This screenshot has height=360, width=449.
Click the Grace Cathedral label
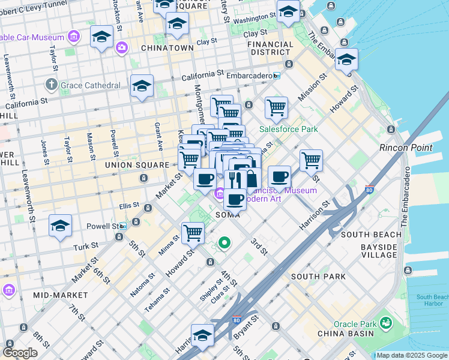[90, 85]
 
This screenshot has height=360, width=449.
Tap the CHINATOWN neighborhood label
[167, 47]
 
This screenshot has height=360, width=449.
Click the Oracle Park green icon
[385, 323]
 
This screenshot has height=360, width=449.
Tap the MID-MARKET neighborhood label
[61, 295]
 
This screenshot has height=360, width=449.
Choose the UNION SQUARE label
[137, 164]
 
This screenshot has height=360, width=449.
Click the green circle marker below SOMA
[224, 243]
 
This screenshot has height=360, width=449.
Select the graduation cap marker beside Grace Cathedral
[142, 86]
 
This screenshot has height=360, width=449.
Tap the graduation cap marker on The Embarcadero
[346, 60]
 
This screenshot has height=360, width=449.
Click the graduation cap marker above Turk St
[61, 226]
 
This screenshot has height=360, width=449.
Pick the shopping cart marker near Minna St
[193, 233]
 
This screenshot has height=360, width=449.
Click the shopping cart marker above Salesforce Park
[276, 108]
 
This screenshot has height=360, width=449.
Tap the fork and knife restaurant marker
[235, 178]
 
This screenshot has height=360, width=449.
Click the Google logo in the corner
[20, 353]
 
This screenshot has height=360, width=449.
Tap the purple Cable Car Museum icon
[74, 37]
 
